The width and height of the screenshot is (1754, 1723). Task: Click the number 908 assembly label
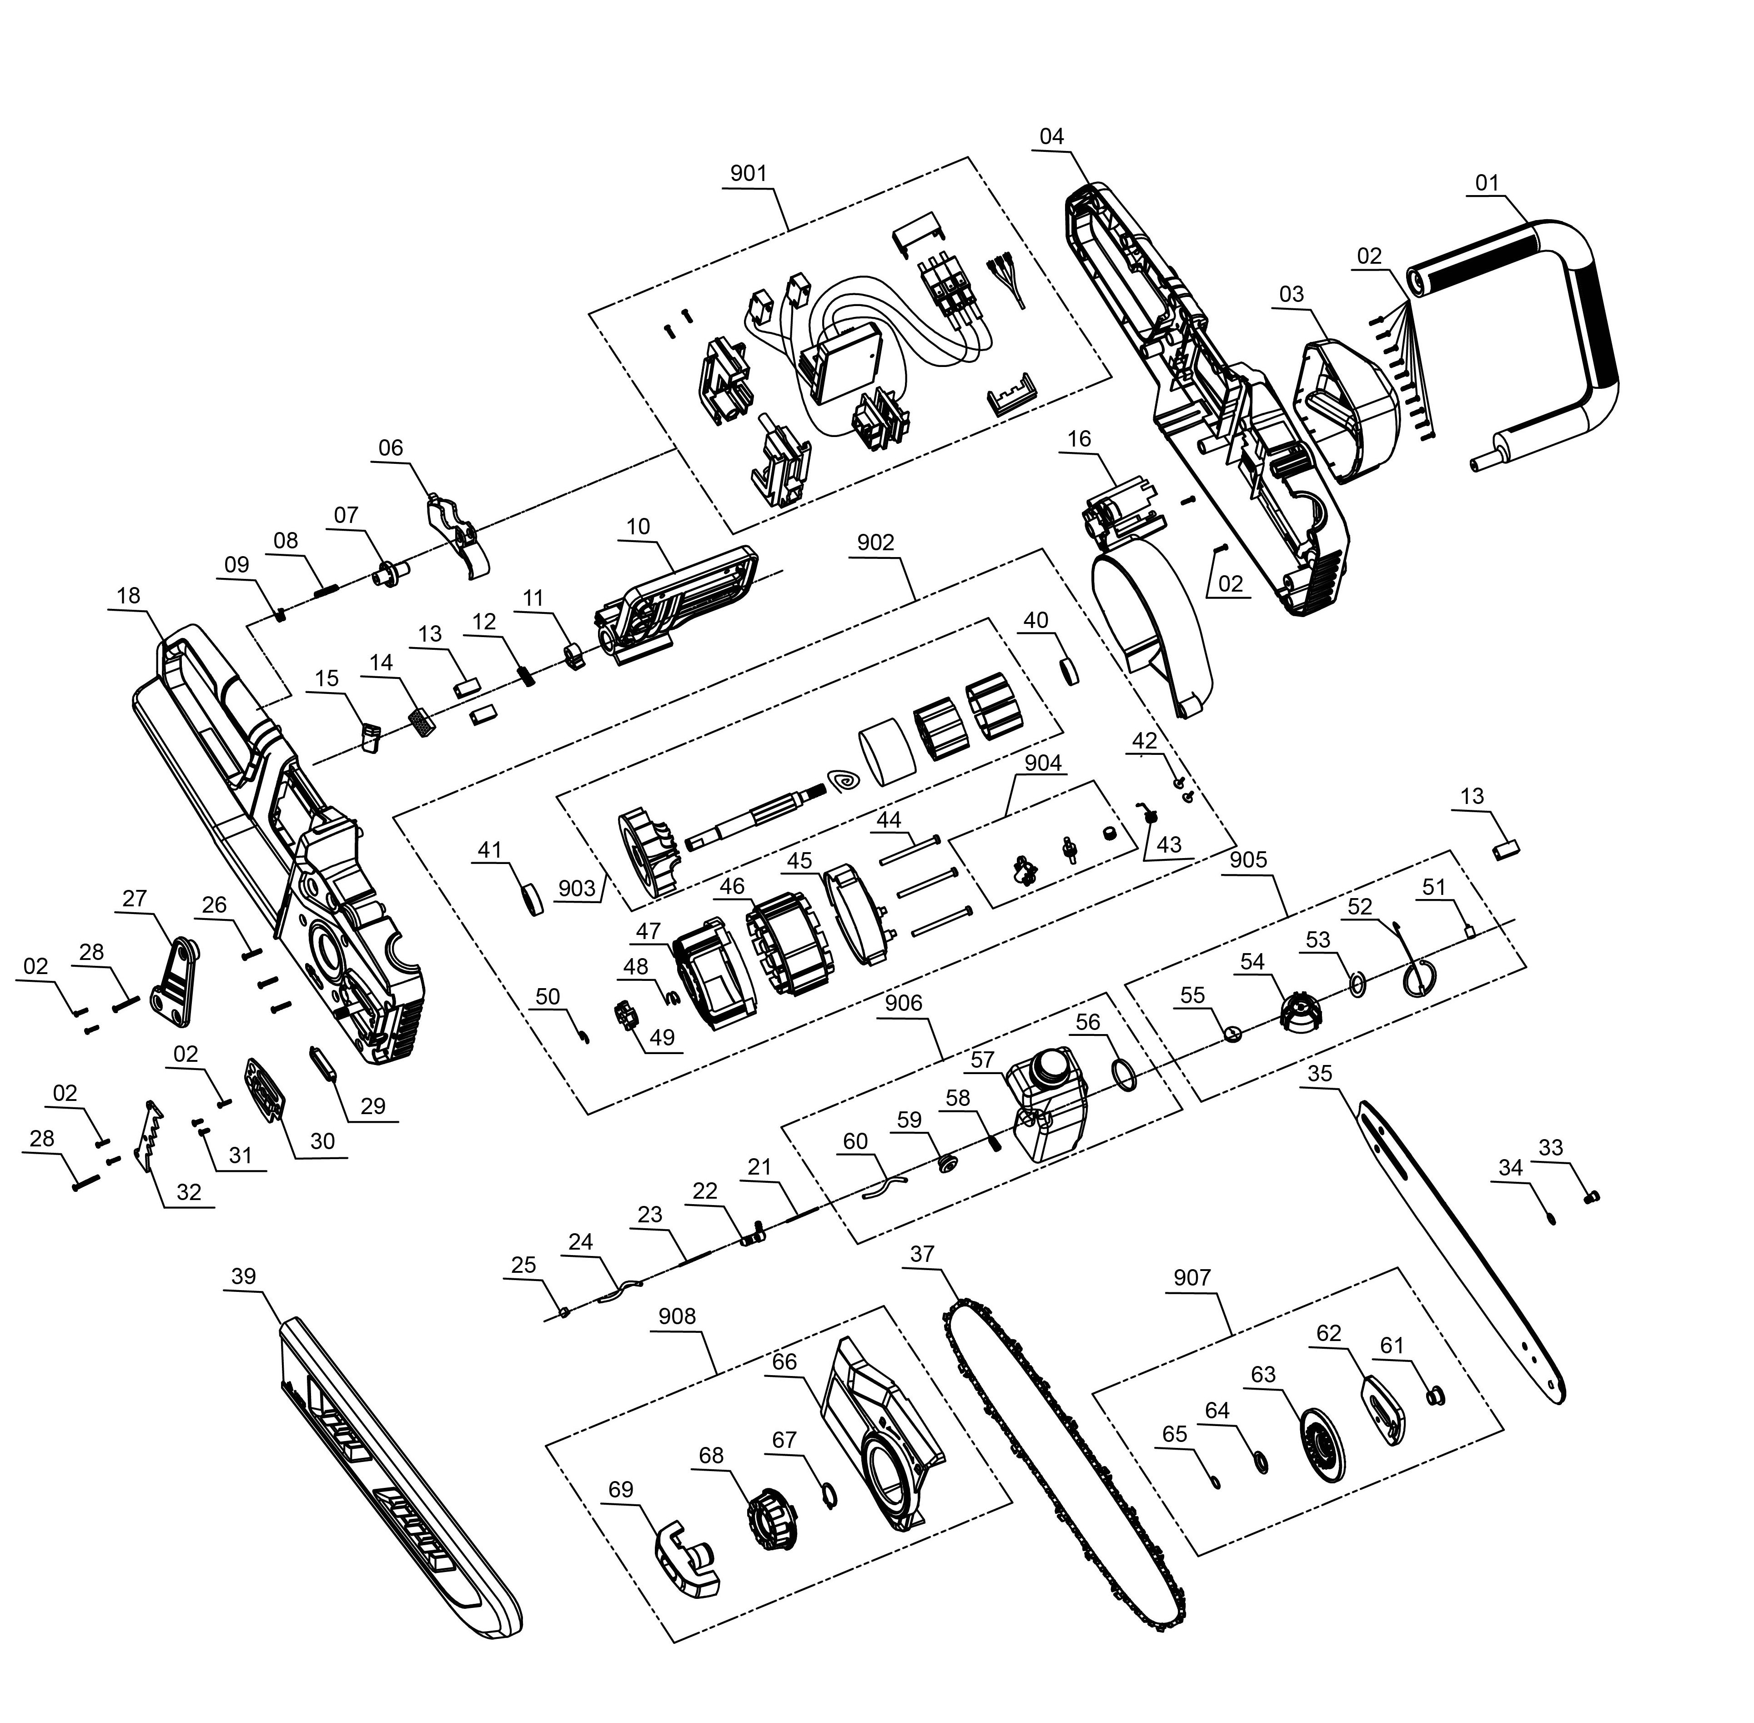click(677, 1316)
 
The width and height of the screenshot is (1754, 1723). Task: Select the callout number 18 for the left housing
click(129, 595)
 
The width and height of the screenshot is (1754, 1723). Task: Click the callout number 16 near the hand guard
click(1079, 439)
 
